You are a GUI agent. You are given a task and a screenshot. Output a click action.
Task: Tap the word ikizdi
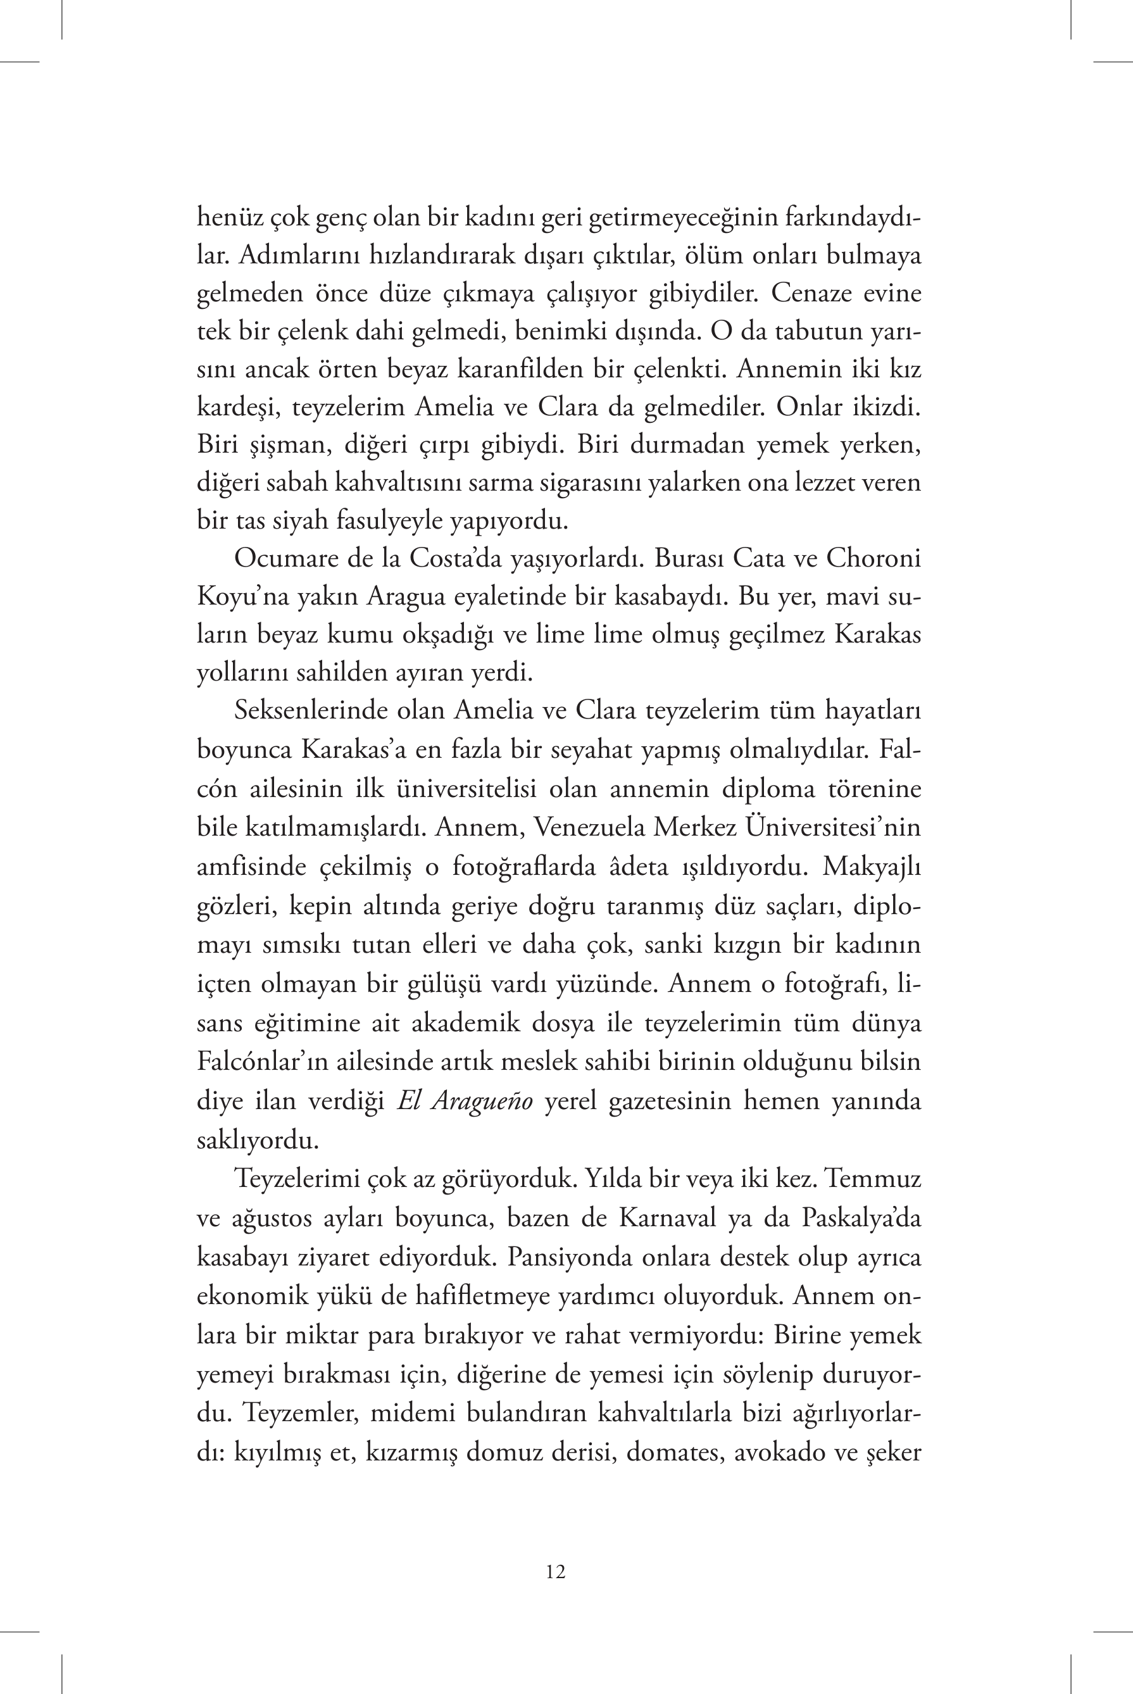884,407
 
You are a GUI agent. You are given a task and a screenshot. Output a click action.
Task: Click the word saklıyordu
258,1139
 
